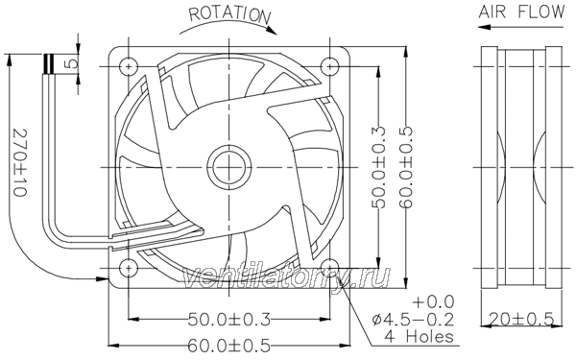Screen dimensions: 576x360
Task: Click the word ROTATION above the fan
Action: [x=230, y=14]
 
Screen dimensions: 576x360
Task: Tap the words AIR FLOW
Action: [x=521, y=12]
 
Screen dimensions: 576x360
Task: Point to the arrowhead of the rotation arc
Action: [x=271, y=30]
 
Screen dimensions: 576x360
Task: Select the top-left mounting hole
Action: [x=129, y=66]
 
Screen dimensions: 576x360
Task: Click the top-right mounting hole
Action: [x=330, y=66]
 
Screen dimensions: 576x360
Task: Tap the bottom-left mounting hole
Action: [x=129, y=268]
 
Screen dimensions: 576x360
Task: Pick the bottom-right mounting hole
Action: [x=330, y=268]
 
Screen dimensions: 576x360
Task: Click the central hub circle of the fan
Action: [x=229, y=167]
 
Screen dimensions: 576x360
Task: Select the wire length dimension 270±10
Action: [x=20, y=162]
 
